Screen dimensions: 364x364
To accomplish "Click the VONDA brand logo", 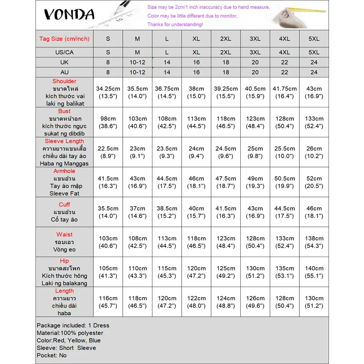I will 69,15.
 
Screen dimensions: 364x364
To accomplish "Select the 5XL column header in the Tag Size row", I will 314,39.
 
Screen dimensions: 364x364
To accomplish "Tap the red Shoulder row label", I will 65,81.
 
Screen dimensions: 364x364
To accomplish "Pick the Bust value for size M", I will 137,122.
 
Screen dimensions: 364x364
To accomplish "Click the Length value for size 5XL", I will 314,302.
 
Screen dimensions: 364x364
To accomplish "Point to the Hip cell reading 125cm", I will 226,272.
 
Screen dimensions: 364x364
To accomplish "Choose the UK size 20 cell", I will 255,62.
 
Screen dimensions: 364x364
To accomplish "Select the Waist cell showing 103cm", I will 108,242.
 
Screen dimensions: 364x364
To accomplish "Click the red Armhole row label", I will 65,171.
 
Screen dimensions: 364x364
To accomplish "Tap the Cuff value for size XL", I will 196,212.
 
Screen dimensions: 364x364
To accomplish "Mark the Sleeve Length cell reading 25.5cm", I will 284,152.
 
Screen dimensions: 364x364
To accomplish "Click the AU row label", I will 65,72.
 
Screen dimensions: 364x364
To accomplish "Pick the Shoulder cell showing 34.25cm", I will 108,92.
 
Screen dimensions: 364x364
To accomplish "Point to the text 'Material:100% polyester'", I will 70,333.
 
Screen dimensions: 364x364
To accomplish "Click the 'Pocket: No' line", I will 51,355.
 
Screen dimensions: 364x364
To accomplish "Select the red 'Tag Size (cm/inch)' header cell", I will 65,39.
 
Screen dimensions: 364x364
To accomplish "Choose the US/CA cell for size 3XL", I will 255,52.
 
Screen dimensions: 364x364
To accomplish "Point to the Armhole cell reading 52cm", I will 314,182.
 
